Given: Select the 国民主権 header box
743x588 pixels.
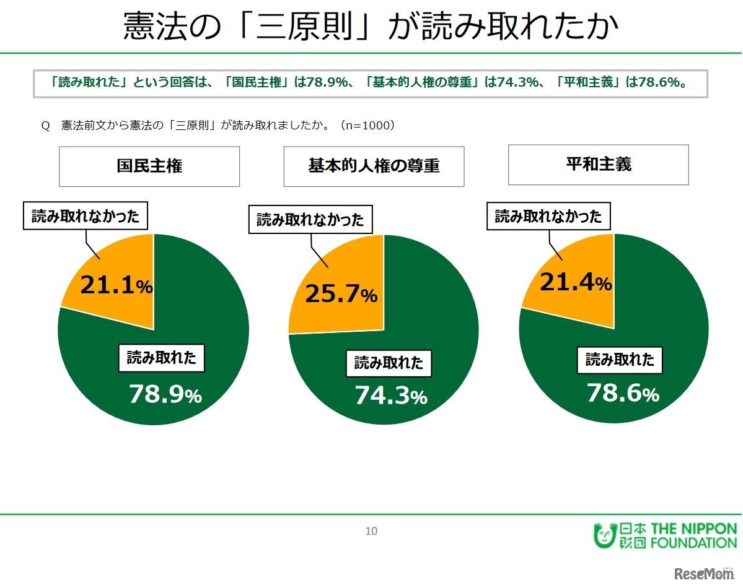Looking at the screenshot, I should click(149, 166).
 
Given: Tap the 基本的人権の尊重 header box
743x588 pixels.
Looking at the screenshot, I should click(374, 166).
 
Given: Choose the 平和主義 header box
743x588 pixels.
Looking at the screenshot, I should click(598, 165).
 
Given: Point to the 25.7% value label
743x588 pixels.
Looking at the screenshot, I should click(341, 295).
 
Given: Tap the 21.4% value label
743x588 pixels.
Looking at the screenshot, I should click(576, 282).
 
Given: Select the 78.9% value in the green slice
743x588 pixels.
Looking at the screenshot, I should click(165, 394).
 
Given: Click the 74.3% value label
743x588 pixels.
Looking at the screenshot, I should click(390, 396).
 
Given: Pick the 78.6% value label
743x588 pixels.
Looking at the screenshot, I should click(622, 393).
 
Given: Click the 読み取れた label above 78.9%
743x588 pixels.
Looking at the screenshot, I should click(161, 358).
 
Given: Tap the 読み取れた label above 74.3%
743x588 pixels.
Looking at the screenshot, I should click(389, 363).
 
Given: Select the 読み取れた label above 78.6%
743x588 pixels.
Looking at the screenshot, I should click(620, 360).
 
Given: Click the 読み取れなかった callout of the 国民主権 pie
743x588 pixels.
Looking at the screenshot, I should click(86, 217).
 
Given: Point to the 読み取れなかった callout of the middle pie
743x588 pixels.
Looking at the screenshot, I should click(310, 220).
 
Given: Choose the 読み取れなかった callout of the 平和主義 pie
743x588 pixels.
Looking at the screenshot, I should click(548, 216).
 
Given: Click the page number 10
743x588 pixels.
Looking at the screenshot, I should click(371, 530).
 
